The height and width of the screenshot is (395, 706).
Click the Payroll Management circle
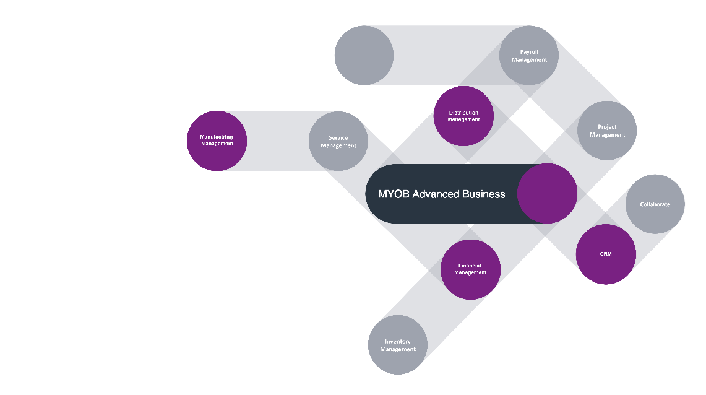click(x=529, y=56)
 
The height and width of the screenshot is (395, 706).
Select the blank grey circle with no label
click(x=364, y=56)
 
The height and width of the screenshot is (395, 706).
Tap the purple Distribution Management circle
click(x=463, y=116)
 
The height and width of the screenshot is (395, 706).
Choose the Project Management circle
click(x=607, y=131)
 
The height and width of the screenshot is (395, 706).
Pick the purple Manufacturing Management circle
click(x=217, y=141)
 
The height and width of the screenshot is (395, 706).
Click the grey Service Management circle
click(x=338, y=141)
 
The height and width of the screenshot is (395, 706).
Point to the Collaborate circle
click(x=655, y=204)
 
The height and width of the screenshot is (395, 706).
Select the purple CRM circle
click(x=606, y=254)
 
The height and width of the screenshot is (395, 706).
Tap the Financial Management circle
click(x=470, y=269)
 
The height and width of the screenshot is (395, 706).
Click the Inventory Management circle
click(x=398, y=345)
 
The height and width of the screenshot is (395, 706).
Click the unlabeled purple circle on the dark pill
click(x=547, y=194)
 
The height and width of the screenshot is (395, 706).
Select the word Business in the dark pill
click(x=484, y=194)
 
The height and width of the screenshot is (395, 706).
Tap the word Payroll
click(x=529, y=52)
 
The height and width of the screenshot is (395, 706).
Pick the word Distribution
click(x=463, y=113)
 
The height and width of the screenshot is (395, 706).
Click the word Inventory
click(x=398, y=342)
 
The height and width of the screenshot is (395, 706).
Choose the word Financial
click(x=470, y=266)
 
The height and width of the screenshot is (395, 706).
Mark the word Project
click(x=607, y=127)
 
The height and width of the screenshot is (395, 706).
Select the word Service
click(x=338, y=138)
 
